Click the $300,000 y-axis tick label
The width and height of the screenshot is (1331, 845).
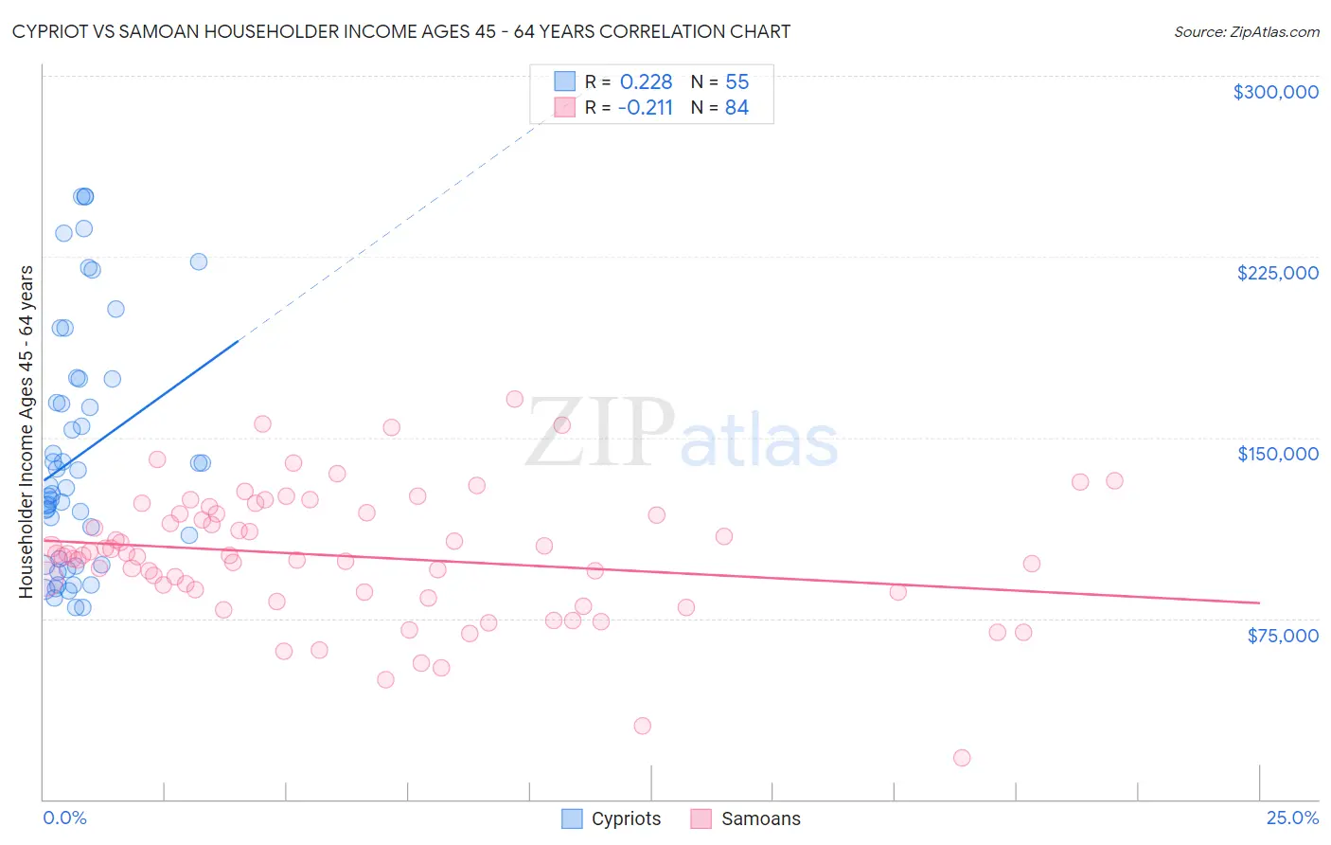(x=1275, y=92)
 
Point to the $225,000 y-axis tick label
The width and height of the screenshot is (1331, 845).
(x=1277, y=273)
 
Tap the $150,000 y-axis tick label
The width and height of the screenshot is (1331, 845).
(x=1277, y=454)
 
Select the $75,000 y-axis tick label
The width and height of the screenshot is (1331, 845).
(x=1282, y=636)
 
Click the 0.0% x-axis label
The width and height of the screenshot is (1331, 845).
(x=64, y=818)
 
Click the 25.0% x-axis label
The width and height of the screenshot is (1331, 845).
(x=1291, y=818)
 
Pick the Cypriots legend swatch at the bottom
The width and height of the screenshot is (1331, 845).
(x=572, y=818)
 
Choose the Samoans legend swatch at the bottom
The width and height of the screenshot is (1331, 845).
(x=701, y=818)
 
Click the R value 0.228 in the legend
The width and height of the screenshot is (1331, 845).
(x=646, y=82)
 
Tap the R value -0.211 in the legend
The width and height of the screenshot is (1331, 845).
(x=645, y=108)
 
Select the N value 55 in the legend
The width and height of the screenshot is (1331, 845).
(x=736, y=82)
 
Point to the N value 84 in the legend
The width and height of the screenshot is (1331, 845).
(x=736, y=108)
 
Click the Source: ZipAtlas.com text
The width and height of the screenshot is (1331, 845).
(x=1246, y=32)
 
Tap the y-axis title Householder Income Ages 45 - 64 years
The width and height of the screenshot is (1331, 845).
(x=27, y=432)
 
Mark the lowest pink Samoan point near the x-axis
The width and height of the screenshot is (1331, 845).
(x=962, y=758)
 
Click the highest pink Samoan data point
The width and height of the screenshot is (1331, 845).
(x=514, y=399)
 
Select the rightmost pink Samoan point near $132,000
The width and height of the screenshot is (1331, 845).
(x=1114, y=480)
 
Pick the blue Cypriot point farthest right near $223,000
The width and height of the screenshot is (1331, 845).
(x=199, y=261)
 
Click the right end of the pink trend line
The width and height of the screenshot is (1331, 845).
(x=1259, y=602)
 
